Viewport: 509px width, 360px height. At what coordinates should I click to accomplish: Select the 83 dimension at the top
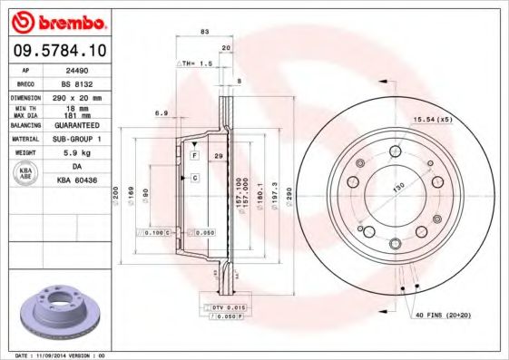(x=204, y=32)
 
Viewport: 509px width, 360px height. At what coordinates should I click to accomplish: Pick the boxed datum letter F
(x=193, y=156)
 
